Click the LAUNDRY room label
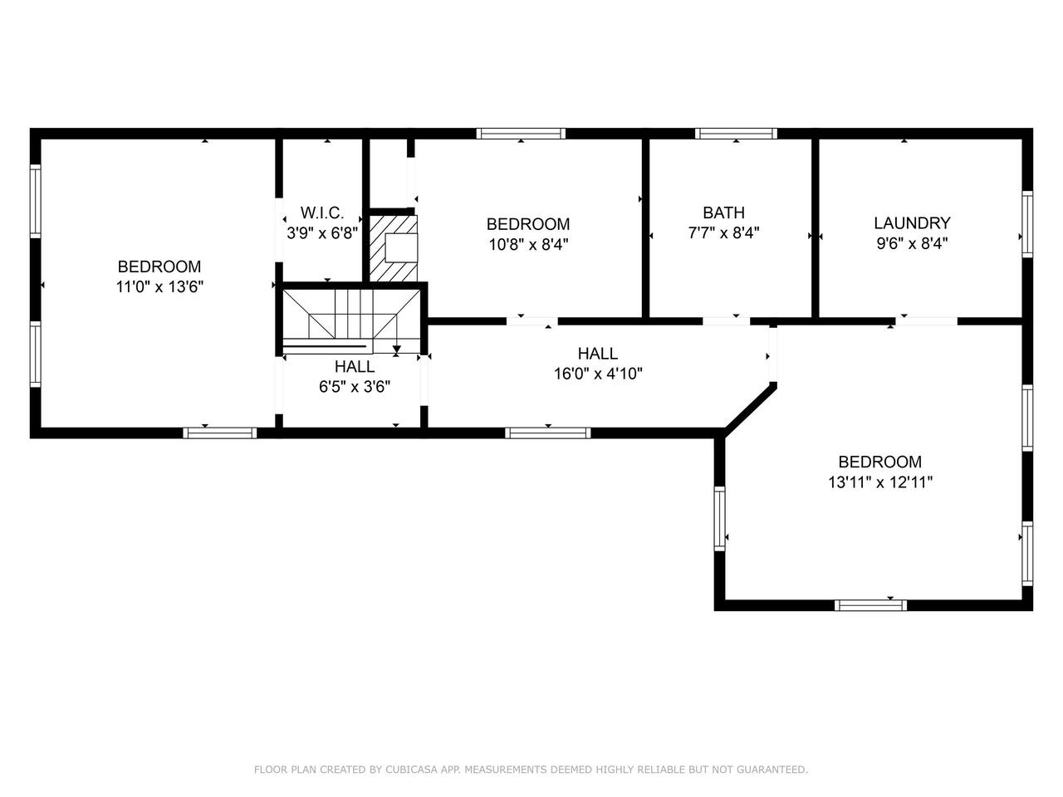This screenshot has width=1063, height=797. click(x=911, y=223)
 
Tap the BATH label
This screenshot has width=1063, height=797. click(x=723, y=213)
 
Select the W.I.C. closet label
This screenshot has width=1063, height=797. click(x=322, y=213)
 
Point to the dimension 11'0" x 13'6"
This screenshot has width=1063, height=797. click(x=159, y=287)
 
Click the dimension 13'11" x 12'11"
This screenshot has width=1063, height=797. click(x=880, y=482)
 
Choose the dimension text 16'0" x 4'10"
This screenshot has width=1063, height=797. click(x=598, y=374)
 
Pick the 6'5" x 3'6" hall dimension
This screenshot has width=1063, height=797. click(x=355, y=387)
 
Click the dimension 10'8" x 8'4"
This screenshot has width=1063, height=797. click(x=528, y=245)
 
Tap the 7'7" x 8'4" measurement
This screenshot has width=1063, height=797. click(x=723, y=233)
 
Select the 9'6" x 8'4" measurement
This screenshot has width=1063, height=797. click(x=911, y=243)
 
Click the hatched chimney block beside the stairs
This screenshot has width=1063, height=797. click(x=394, y=248)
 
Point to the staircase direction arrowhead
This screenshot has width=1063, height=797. click(x=397, y=349)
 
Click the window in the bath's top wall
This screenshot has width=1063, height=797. click(x=736, y=134)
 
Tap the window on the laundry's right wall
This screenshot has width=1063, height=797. click(x=1027, y=224)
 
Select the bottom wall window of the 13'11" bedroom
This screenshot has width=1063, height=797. click(x=870, y=605)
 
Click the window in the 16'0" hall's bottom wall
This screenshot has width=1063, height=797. click(x=548, y=433)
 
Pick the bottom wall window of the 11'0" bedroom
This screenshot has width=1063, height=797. click(x=220, y=433)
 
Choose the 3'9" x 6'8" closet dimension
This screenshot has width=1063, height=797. click(x=322, y=233)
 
